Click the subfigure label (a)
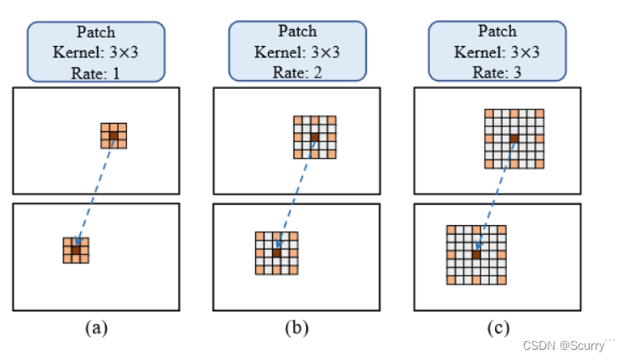pos(96,326)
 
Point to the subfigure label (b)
pos(296,326)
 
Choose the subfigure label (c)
pos(496,326)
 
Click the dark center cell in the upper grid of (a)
pos(114,135)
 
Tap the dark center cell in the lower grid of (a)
pos(76,250)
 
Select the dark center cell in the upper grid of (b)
pos(315,136)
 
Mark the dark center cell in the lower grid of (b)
pos(276,253)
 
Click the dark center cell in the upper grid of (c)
pos(515,138)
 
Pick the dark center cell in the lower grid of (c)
pos(476,254)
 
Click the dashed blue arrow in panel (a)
pos(95,193)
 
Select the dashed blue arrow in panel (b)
pos(295,195)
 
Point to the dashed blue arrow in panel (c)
pos(495,196)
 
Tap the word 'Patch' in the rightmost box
pos(497,31)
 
